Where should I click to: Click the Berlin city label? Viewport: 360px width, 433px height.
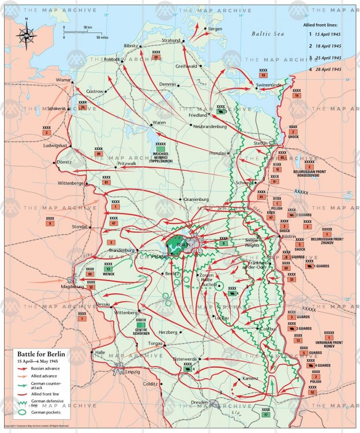click(x=183, y=245)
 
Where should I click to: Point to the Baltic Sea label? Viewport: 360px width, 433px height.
click(x=269, y=34)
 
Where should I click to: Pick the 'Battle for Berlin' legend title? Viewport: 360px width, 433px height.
click(x=40, y=353)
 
